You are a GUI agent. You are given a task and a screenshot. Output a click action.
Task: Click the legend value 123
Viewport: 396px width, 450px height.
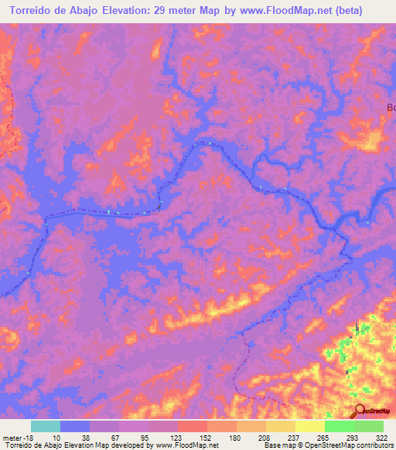tap(176, 438)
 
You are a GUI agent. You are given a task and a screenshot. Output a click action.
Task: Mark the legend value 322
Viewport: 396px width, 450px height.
tap(382, 438)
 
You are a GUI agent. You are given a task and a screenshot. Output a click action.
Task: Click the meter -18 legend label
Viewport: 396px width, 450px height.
tap(15, 438)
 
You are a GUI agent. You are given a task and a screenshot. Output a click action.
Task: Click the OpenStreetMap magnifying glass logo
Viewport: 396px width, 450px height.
tap(358, 411)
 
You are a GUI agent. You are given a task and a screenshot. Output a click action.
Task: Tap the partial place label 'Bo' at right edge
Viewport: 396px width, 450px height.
tap(391, 107)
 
